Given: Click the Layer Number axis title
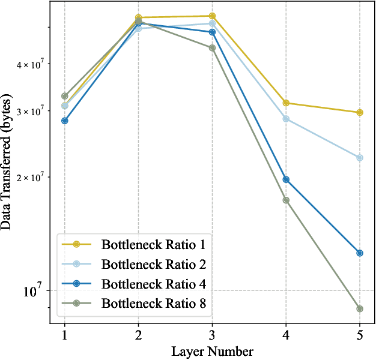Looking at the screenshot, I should [212, 350].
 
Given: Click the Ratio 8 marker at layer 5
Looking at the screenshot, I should [360, 308].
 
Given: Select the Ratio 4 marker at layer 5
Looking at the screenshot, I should [360, 253].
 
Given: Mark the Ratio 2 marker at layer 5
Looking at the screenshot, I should [360, 158].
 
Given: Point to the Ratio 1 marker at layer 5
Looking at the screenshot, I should [360, 112].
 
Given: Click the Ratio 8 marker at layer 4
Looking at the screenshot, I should [286, 200].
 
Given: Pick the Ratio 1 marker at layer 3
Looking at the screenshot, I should [212, 16].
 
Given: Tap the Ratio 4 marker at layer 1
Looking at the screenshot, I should [64, 121].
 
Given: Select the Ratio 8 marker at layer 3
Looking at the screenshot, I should [212, 48].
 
